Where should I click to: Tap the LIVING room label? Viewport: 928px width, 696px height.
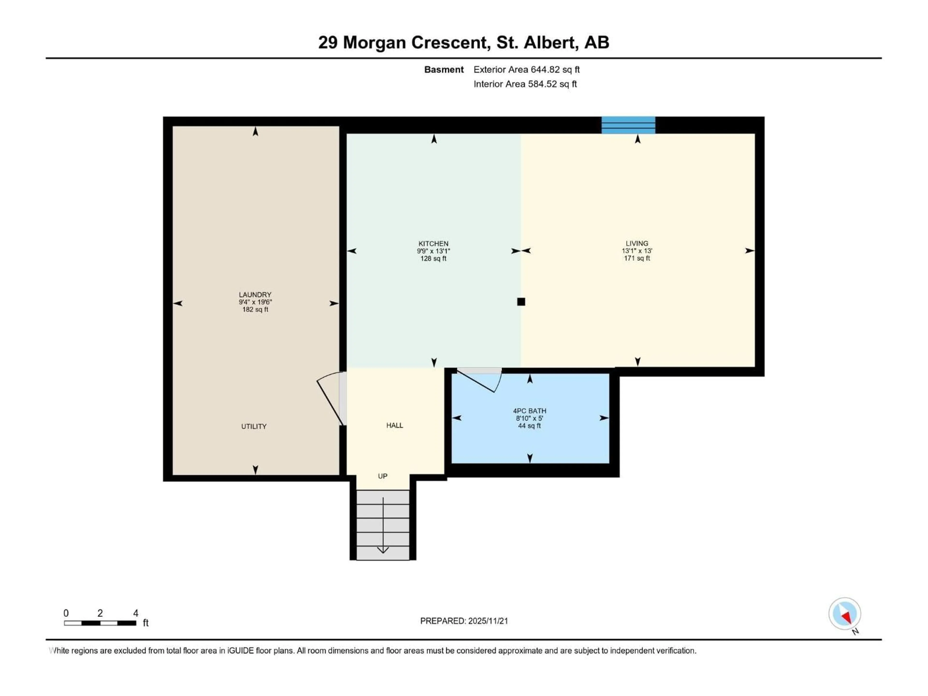637,243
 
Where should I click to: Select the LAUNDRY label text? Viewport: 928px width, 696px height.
255,295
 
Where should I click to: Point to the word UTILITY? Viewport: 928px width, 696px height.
254,426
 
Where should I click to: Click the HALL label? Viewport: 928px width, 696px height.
394,425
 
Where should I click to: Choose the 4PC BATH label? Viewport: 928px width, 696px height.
529,411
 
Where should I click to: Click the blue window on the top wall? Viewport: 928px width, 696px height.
628,125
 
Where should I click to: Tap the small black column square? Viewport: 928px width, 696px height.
521,302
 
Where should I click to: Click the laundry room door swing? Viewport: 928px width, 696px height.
329,397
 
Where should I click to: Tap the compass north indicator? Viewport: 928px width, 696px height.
845,614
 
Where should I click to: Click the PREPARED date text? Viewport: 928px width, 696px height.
464,621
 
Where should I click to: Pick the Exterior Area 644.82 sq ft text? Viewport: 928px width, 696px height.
527,70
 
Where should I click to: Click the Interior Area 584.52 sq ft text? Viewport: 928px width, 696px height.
525,84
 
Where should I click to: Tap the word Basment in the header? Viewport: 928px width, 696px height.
444,70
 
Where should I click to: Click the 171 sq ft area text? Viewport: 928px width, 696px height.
637,258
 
